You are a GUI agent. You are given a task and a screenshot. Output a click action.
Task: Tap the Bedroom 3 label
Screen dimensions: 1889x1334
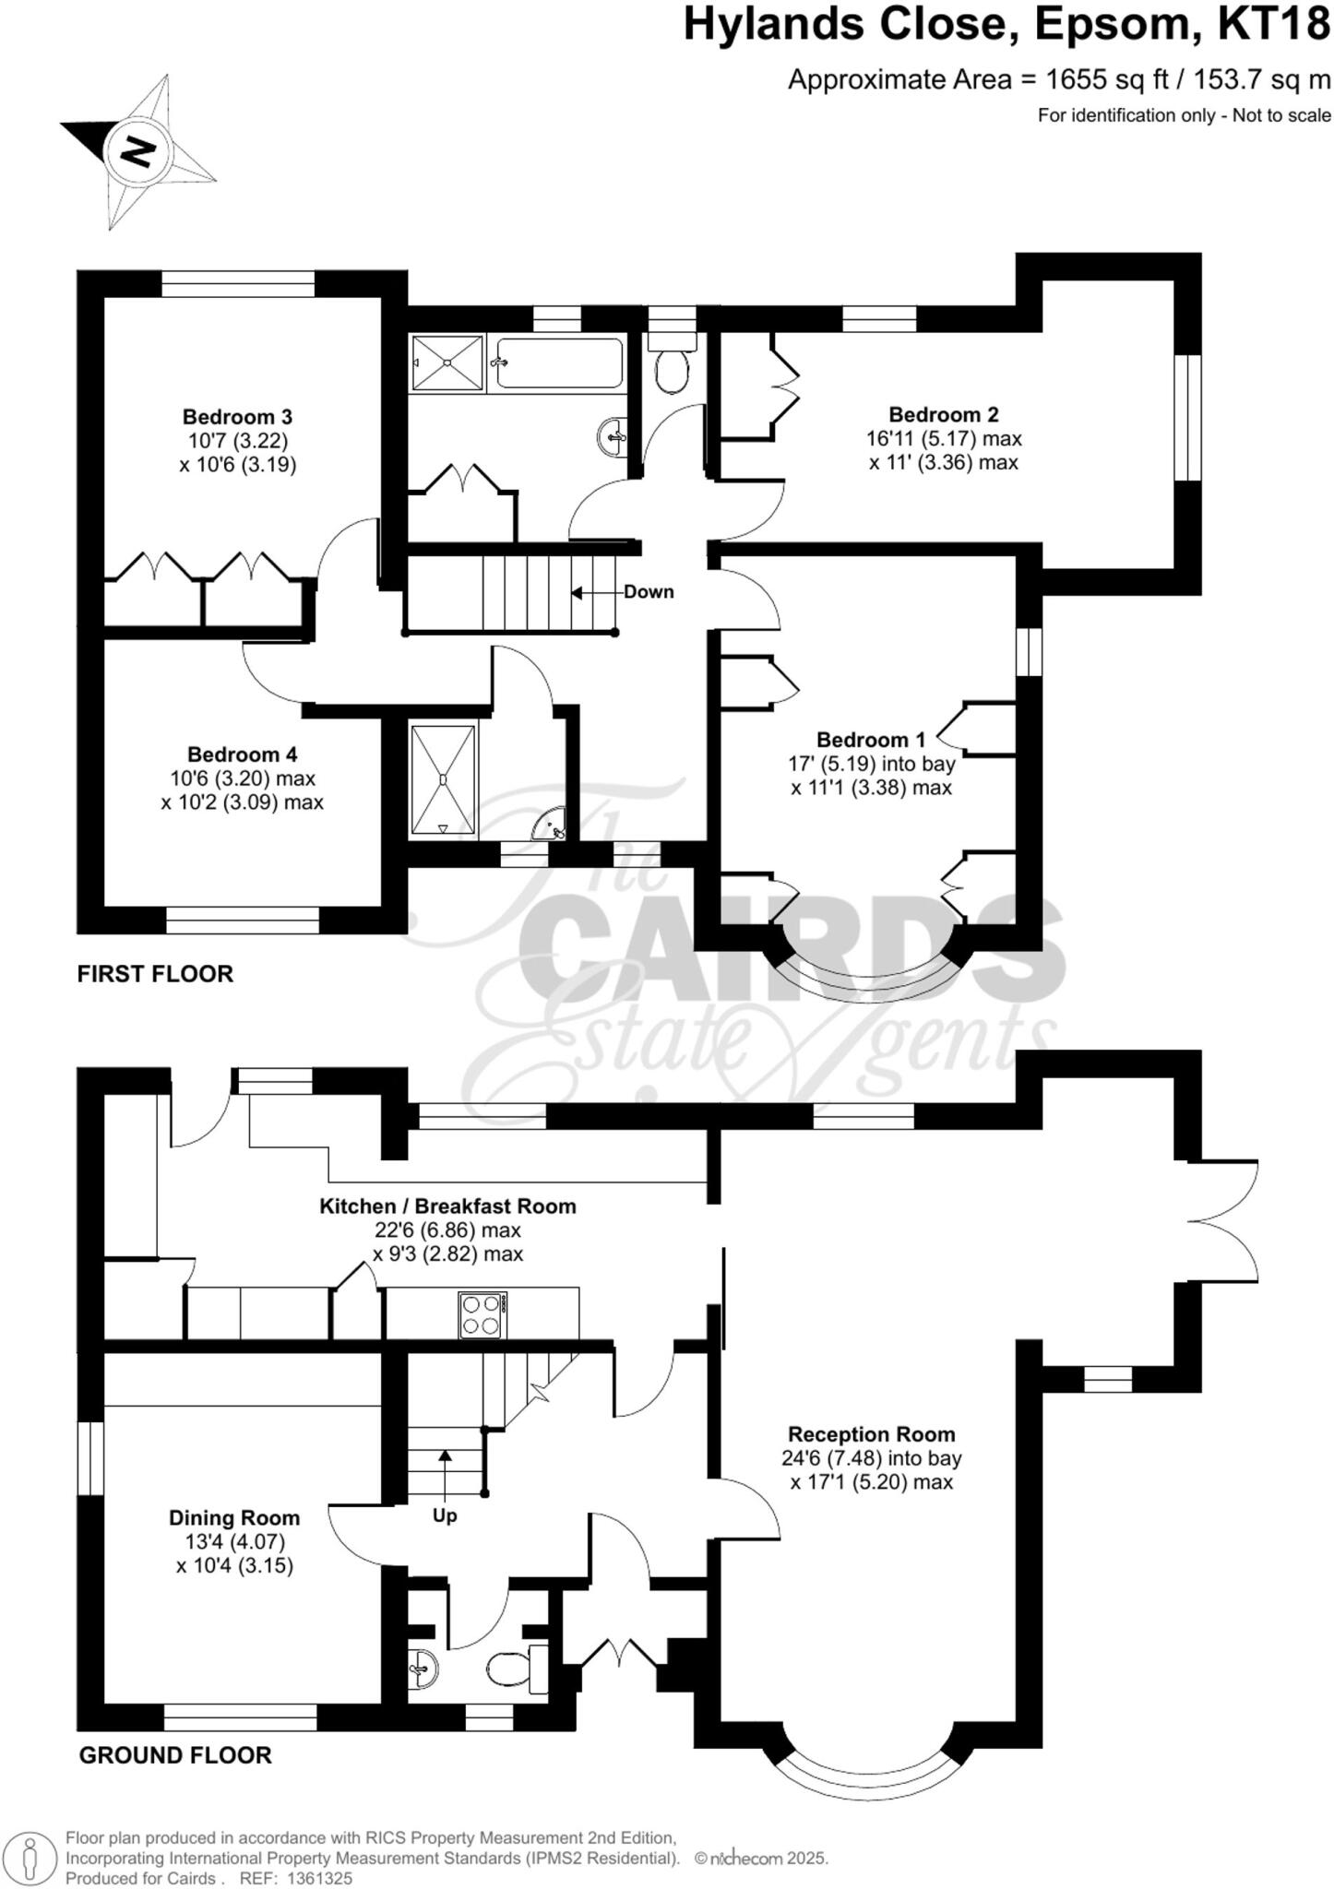pos(237,417)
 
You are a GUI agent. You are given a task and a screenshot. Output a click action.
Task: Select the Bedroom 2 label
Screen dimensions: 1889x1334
pos(943,414)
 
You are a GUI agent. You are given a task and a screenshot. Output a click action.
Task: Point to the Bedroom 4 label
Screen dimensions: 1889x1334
pos(242,754)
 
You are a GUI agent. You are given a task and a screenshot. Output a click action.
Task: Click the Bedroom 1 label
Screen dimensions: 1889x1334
pos(870,740)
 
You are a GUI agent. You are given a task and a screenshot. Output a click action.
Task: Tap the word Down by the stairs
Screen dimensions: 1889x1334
pos(649,592)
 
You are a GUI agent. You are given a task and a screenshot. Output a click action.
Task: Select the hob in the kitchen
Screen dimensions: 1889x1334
pos(482,1315)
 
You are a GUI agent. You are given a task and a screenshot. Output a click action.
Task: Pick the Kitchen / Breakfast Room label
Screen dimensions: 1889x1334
pos(447,1206)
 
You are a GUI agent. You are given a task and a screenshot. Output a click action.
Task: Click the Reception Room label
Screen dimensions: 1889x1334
pos(871,1434)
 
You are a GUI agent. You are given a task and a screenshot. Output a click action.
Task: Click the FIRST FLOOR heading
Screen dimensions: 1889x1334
pos(155,974)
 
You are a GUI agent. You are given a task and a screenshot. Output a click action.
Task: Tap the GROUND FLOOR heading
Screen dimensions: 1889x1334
pos(175,1755)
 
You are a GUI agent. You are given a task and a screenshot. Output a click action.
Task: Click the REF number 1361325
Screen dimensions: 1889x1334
pos(320,1878)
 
